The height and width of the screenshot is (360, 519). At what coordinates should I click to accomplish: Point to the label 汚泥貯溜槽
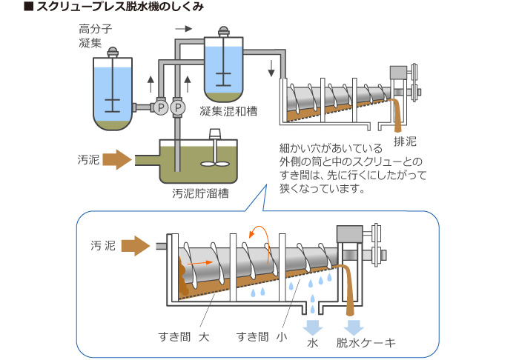pyautogui.click(x=199, y=194)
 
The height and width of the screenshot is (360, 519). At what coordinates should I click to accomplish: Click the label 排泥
pyautogui.click(x=405, y=141)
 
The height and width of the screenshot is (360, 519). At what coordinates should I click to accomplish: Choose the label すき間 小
pyautogui.click(x=262, y=336)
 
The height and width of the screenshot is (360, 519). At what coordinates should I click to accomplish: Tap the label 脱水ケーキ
pyautogui.click(x=366, y=342)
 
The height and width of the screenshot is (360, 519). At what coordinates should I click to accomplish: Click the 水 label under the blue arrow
pyautogui.click(x=312, y=342)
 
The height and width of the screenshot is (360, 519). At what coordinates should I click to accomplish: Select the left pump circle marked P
pyautogui.click(x=159, y=108)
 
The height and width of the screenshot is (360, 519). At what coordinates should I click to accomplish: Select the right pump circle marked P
pyautogui.click(x=176, y=108)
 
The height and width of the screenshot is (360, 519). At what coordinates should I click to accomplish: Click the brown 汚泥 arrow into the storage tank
pyautogui.click(x=117, y=159)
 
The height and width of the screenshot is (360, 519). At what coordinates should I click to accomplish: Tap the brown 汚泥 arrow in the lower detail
pyautogui.click(x=136, y=245)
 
